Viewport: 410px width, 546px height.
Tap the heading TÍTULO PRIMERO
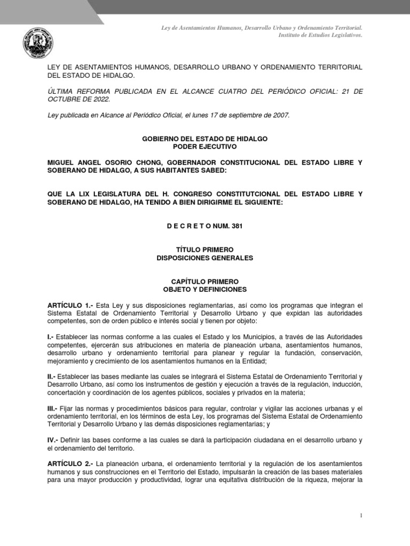[204, 250]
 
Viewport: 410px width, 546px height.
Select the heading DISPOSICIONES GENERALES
[204, 258]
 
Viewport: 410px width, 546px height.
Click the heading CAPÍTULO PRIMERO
[204, 281]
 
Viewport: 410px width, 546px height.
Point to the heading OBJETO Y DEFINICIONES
[204, 289]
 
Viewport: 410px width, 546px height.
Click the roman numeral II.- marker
[52, 376]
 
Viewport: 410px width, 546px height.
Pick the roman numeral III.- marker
[53, 408]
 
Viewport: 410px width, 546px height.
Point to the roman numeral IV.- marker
[53, 440]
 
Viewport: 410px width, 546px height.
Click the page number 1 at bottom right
[361, 516]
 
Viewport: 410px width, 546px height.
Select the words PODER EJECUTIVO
[204, 146]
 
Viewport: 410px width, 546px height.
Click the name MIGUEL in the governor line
[61, 162]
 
